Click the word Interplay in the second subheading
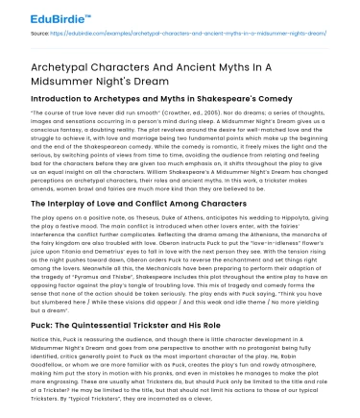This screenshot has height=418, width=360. click(60, 205)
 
